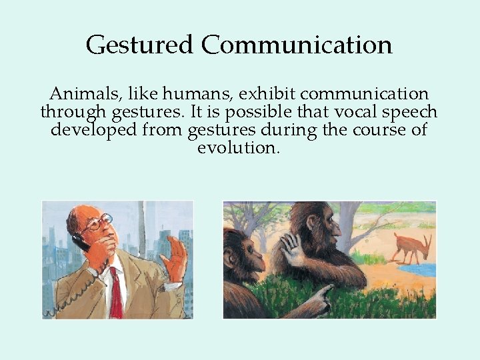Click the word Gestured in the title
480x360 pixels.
point(140,45)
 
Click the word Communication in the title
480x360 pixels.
point(297,45)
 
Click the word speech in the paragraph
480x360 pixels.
point(408,111)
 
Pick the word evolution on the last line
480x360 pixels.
point(237,147)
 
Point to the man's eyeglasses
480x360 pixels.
point(98,223)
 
